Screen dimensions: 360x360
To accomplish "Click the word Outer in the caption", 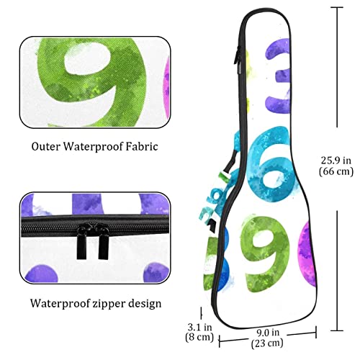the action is click(45, 146).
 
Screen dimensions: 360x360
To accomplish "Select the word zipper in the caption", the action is click(109, 304).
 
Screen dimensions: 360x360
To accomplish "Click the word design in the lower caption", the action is click(145, 304).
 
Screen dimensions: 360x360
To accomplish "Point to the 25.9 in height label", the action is click(336, 161).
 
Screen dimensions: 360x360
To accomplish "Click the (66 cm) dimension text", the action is click(336, 171).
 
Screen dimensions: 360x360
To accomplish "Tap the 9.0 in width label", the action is click(268, 333).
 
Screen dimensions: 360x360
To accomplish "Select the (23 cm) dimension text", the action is click(267, 343).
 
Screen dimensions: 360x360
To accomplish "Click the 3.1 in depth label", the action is click(199, 327).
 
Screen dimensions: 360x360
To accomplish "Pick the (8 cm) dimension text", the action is click(199, 337).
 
